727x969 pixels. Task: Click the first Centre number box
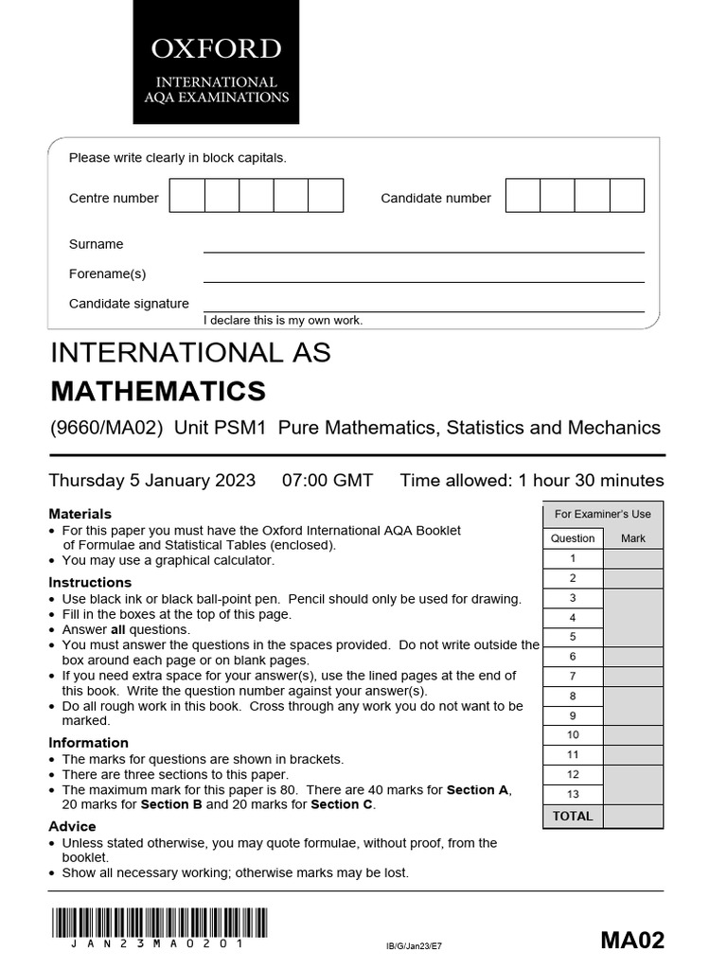tap(186, 196)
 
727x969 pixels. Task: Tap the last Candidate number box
tap(627, 196)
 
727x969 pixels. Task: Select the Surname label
tap(96, 244)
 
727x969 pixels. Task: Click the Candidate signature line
tap(423, 310)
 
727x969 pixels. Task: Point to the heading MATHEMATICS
tap(157, 391)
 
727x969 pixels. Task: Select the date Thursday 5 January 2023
tap(151, 480)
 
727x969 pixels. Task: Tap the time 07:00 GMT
tap(328, 480)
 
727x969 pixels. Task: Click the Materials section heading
tap(80, 514)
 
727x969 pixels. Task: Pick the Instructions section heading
tap(90, 582)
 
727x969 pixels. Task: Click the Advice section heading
tap(72, 826)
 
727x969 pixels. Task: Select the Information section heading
tap(88, 743)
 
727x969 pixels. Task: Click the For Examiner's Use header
tap(602, 514)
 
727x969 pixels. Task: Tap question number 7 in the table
tap(573, 676)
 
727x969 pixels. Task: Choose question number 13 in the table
tap(573, 794)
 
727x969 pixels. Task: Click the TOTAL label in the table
tap(573, 816)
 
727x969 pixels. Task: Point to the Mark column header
tap(632, 538)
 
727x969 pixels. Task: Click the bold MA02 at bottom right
tap(632, 940)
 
